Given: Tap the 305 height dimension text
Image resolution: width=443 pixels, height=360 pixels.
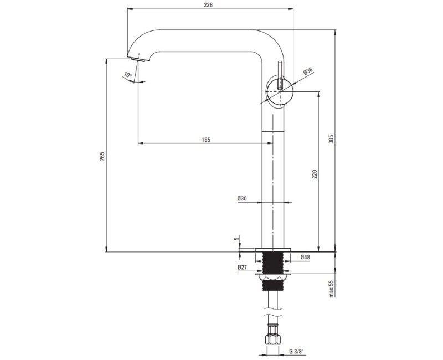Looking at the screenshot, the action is click(331, 139).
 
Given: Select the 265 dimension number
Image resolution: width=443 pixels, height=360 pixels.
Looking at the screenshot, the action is click(102, 156).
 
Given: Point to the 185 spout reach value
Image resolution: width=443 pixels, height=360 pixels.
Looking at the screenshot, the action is click(206, 140).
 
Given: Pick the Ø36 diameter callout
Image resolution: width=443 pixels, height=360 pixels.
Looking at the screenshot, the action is click(308, 71).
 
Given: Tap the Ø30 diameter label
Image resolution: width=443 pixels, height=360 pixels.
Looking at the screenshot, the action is click(242, 198).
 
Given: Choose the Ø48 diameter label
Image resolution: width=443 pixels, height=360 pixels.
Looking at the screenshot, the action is click(305, 257).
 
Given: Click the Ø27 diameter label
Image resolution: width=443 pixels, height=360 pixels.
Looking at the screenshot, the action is click(243, 267).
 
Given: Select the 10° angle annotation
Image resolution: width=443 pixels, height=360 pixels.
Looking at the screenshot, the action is click(128, 75).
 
